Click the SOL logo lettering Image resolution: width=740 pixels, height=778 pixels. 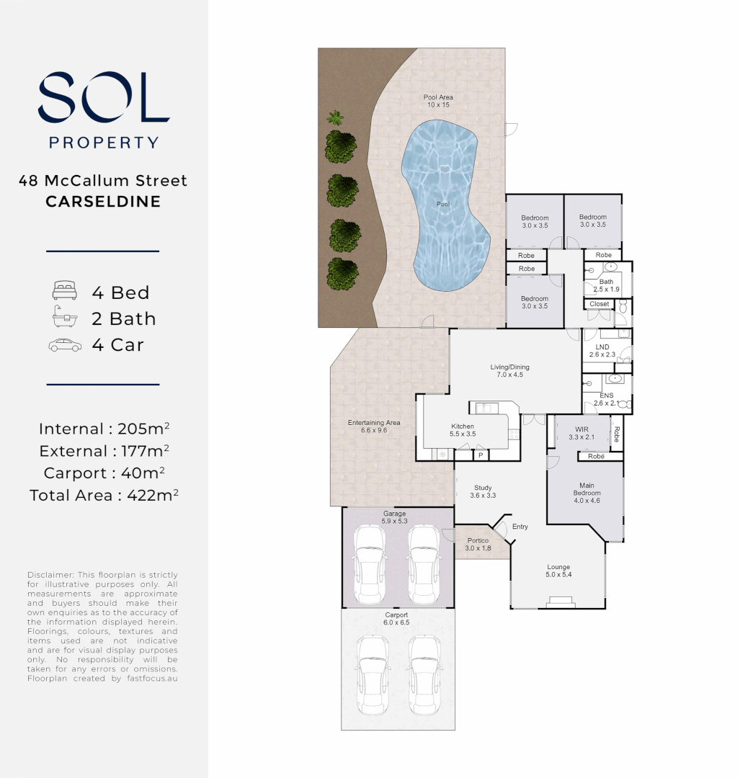point(104,98)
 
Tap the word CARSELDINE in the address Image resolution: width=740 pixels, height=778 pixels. point(103,202)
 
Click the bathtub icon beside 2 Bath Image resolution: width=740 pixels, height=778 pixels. point(63,318)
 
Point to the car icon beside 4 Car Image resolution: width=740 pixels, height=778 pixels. point(65,345)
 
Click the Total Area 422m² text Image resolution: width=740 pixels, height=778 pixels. point(104,496)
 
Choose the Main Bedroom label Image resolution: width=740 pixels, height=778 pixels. point(587,489)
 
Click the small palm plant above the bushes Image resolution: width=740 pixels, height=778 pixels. point(334,117)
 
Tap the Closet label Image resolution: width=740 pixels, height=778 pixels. point(599,304)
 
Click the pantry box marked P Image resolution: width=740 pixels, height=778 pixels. point(480,455)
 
